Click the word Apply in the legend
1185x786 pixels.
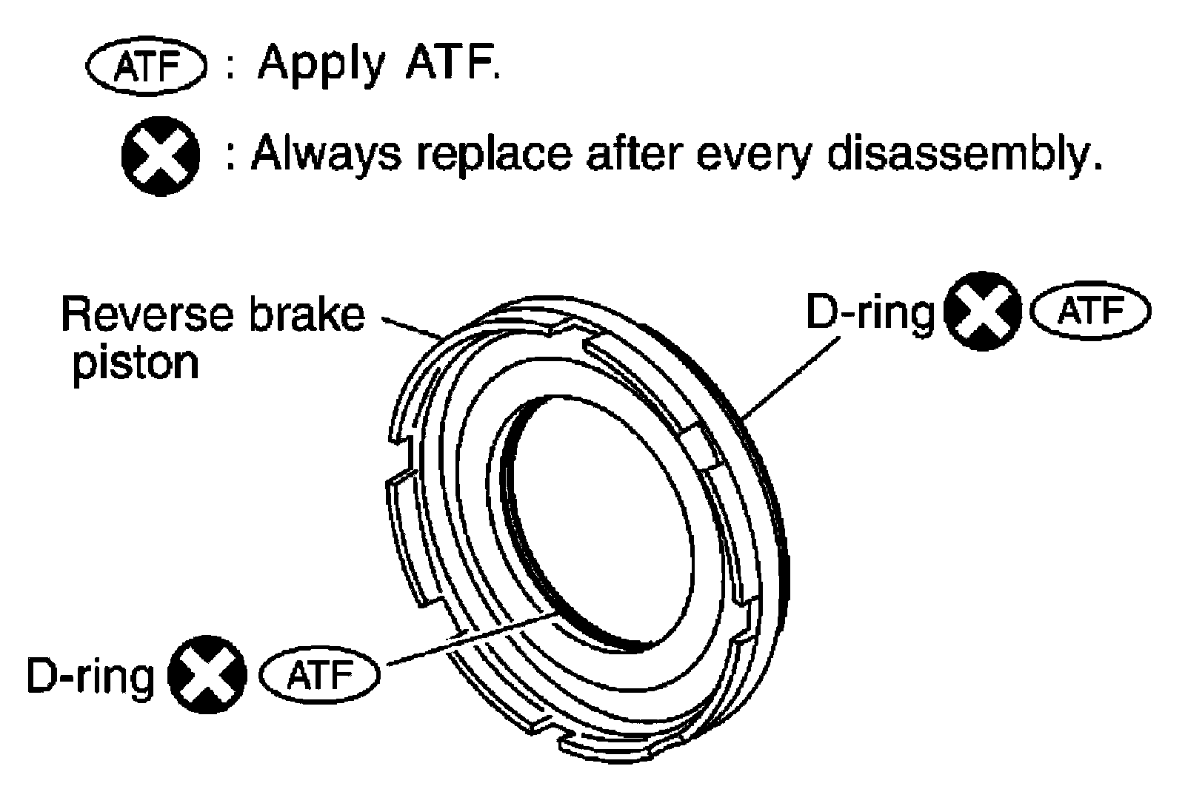(x=320, y=65)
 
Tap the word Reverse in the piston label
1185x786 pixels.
(x=141, y=314)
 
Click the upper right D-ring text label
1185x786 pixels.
(x=869, y=314)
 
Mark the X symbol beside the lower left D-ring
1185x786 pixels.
(x=207, y=674)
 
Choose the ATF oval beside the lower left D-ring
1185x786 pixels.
(x=319, y=675)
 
